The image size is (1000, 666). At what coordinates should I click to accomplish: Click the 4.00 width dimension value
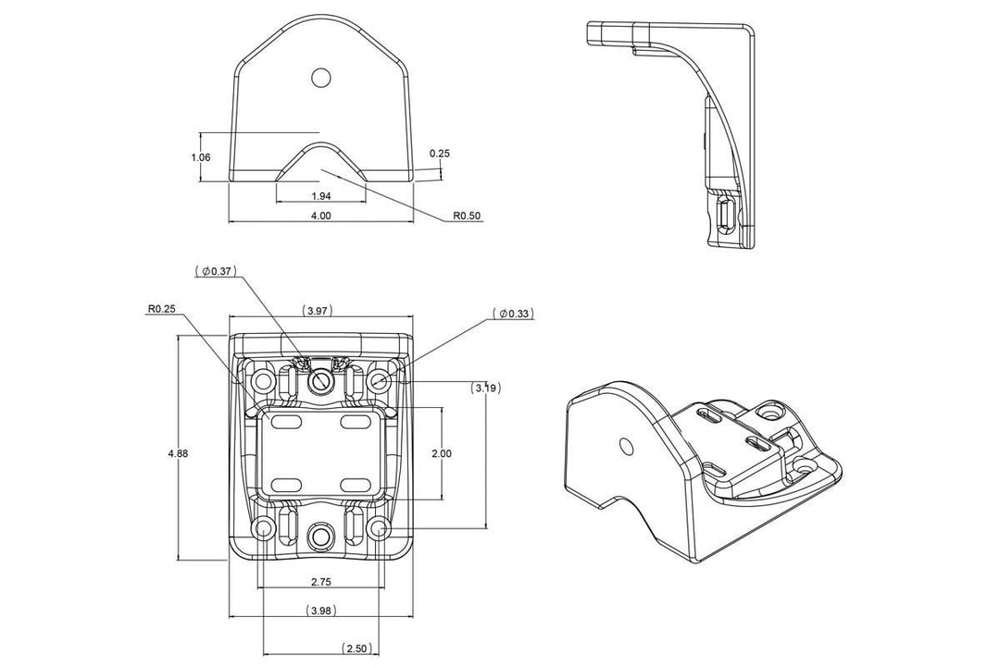pyautogui.click(x=320, y=216)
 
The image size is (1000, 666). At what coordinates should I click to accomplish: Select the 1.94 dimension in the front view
pyautogui.click(x=320, y=196)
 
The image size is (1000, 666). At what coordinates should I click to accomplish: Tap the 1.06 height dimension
pyautogui.click(x=201, y=157)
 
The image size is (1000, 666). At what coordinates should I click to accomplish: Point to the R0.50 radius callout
pyautogui.click(x=467, y=216)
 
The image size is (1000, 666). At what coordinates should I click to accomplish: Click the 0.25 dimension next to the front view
pyautogui.click(x=440, y=153)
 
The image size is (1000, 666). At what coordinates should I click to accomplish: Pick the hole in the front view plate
pyautogui.click(x=320, y=77)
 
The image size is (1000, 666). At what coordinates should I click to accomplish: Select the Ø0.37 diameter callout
pyautogui.click(x=217, y=271)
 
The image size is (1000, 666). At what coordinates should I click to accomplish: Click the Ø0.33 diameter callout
pyautogui.click(x=514, y=314)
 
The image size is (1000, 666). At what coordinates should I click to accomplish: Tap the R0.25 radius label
pyautogui.click(x=162, y=309)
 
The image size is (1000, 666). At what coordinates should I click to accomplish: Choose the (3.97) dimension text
pyautogui.click(x=318, y=311)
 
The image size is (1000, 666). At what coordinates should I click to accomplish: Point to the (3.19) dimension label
pyautogui.click(x=486, y=388)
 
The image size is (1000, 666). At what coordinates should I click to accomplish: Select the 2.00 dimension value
pyautogui.click(x=442, y=453)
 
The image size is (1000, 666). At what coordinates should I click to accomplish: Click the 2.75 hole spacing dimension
pyautogui.click(x=321, y=583)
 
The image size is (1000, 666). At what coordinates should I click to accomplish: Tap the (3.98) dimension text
pyautogui.click(x=321, y=610)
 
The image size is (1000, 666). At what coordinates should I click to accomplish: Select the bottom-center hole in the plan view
pyautogui.click(x=321, y=534)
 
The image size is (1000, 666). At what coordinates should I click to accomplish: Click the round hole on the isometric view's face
pyautogui.click(x=627, y=447)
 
